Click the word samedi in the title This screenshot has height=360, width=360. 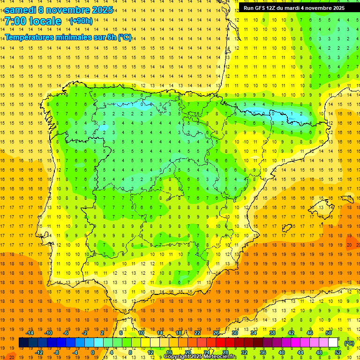pos(20,10)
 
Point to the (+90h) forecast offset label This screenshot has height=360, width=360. pos(81,21)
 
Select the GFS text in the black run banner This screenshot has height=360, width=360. pos(261,8)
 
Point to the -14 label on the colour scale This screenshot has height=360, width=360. pos(30,333)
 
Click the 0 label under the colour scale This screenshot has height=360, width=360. pos(93,352)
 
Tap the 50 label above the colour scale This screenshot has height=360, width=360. pos(329,333)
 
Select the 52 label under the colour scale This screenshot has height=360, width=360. pos(337,352)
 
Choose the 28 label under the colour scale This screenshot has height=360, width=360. pos(225,352)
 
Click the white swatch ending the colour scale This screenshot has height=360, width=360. pos(333,343)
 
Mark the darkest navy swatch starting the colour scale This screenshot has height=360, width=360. pos(23,343)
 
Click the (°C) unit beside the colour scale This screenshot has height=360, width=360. pos(349,343)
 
